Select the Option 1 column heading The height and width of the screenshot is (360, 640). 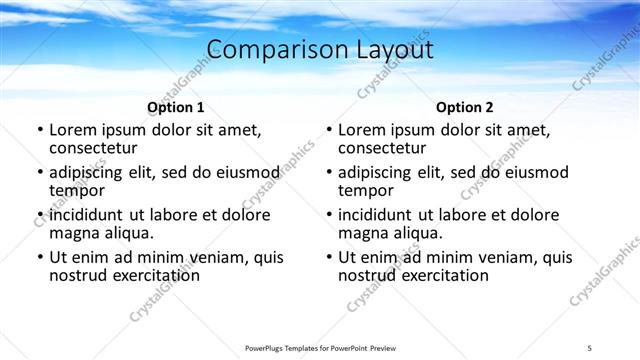(x=176, y=107)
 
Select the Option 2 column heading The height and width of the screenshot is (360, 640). (x=465, y=107)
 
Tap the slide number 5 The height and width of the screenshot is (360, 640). (x=590, y=347)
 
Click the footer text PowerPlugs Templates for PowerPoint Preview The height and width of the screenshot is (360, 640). (x=320, y=347)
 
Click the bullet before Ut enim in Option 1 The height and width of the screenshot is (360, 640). (x=40, y=258)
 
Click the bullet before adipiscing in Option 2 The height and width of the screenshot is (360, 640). (x=329, y=173)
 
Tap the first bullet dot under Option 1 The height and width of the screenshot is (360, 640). (x=40, y=131)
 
